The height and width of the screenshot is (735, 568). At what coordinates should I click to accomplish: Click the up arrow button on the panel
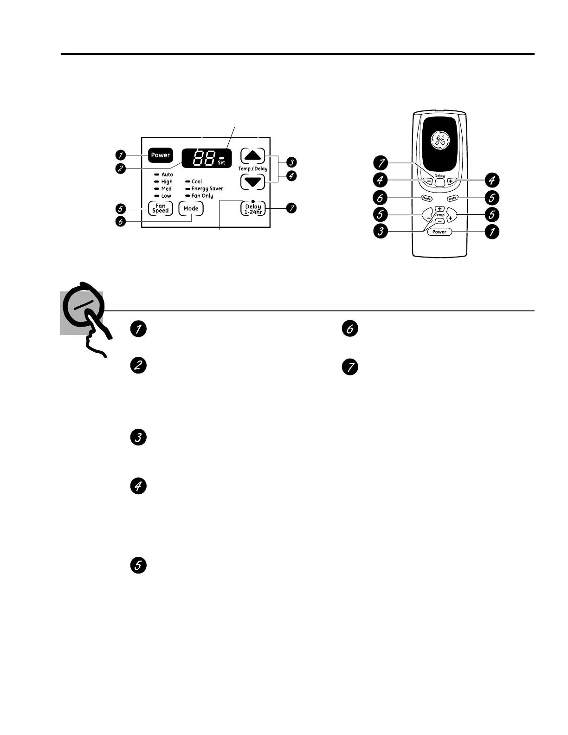point(252,155)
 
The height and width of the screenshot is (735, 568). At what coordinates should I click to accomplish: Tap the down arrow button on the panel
point(252,182)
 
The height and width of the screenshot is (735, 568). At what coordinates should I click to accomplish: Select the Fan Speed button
point(161,208)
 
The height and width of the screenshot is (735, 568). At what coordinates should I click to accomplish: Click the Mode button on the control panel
point(191,209)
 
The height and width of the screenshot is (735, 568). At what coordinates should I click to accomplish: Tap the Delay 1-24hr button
point(253,209)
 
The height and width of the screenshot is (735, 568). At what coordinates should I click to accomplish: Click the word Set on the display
point(221,163)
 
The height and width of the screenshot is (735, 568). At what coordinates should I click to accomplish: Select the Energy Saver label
point(207,189)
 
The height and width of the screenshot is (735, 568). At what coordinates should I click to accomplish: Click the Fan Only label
point(202,196)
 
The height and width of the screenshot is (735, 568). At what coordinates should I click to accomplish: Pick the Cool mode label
point(197,182)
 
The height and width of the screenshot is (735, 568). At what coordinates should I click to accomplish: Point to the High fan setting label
point(167,182)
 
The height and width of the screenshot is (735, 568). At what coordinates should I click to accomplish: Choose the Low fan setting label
point(166,196)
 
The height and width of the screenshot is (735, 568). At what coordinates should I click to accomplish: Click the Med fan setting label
point(166,189)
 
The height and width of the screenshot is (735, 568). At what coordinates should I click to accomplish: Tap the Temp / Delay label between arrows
point(253,169)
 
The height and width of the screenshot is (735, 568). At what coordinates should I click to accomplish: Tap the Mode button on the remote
point(426,199)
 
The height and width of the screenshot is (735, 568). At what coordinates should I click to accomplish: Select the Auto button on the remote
point(452,199)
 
